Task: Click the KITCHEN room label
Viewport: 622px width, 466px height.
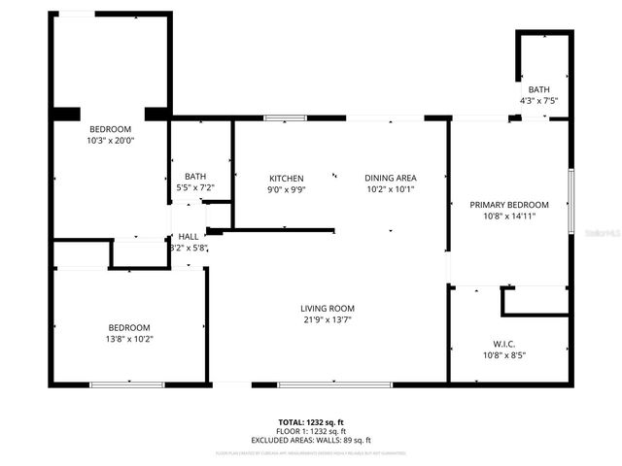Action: click(x=286, y=179)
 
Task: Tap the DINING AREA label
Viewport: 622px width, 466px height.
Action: click(x=391, y=178)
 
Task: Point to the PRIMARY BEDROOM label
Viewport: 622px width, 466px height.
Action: click(x=509, y=205)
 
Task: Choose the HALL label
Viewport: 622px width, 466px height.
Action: click(x=188, y=236)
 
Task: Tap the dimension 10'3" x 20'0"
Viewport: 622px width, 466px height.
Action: click(x=111, y=140)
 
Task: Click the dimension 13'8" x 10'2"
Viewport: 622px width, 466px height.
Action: click(x=129, y=339)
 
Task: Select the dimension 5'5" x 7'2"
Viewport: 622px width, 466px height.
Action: click(x=194, y=187)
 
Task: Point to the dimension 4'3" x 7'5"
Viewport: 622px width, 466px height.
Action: click(x=538, y=100)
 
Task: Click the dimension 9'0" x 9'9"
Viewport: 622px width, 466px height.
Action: click(x=286, y=190)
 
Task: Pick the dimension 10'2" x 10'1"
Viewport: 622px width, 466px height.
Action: click(x=391, y=189)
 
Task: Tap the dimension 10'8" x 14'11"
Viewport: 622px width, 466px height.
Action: click(x=509, y=216)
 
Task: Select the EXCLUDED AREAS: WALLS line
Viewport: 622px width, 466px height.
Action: click(x=311, y=440)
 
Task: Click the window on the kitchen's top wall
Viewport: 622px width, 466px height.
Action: click(x=282, y=118)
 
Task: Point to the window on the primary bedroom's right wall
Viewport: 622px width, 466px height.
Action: click(x=570, y=202)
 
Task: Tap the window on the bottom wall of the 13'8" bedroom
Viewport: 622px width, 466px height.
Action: click(x=126, y=385)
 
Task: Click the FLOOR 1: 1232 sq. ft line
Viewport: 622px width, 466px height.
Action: click(x=311, y=432)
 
